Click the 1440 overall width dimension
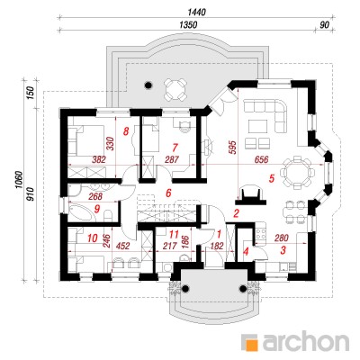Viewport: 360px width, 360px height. (x=197, y=12)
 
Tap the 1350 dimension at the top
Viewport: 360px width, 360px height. (x=188, y=25)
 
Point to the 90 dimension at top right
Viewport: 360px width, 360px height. (x=324, y=25)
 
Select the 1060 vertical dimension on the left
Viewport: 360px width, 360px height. (x=19, y=180)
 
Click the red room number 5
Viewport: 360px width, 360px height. (x=272, y=179)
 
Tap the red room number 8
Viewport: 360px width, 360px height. (x=126, y=131)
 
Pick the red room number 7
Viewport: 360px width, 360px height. (x=175, y=148)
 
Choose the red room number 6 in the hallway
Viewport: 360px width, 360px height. (x=168, y=193)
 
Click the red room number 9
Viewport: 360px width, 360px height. (x=96, y=209)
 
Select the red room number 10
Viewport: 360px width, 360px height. (x=93, y=238)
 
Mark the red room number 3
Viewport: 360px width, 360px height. (x=283, y=250)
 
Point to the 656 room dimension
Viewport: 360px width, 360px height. (x=260, y=159)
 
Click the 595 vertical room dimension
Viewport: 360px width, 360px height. (x=234, y=148)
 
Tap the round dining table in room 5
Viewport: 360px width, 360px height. (x=296, y=172)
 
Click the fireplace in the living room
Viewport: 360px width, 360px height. (x=252, y=195)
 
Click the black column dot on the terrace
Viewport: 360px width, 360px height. (x=148, y=85)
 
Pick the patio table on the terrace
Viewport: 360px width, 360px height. (x=175, y=89)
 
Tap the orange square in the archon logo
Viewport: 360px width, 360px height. (x=252, y=343)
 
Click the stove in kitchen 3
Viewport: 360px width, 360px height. (x=261, y=234)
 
